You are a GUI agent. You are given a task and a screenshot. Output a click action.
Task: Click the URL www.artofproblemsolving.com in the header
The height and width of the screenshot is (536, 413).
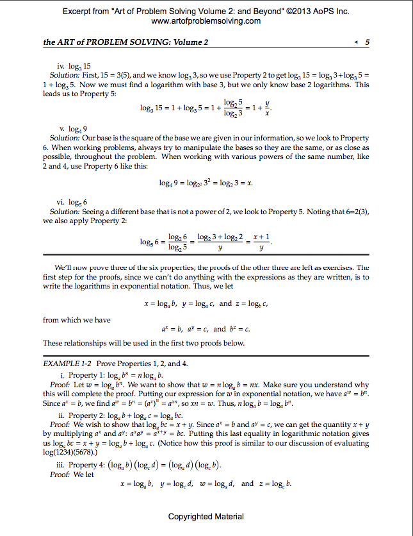pyautogui.click(x=206, y=21)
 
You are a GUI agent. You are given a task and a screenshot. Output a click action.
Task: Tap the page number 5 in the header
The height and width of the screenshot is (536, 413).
pyautogui.click(x=367, y=42)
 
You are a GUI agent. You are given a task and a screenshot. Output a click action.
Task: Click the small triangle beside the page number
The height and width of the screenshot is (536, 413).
pyautogui.click(x=356, y=42)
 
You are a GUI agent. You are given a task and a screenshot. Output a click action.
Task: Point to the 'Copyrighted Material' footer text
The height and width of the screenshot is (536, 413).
pyautogui.click(x=206, y=516)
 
